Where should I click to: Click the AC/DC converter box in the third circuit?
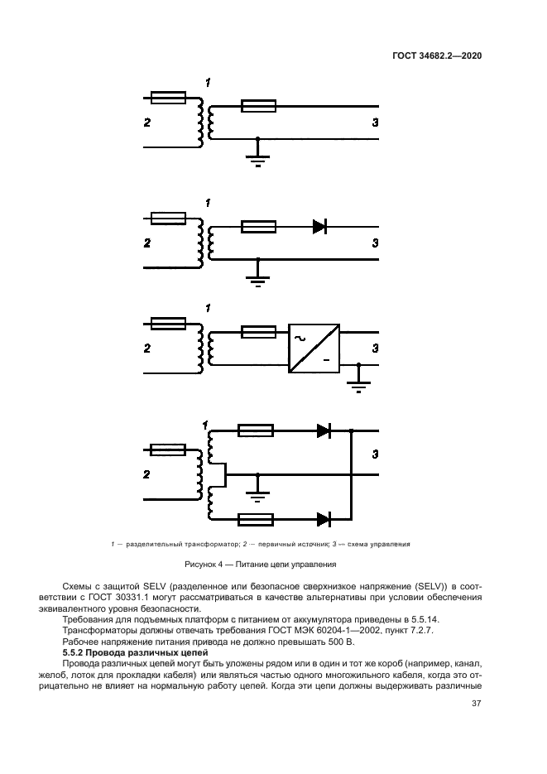(x=314, y=347)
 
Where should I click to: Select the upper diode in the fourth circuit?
(x=324, y=430)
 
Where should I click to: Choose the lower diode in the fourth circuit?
(x=324, y=519)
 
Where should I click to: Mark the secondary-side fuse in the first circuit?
(x=258, y=106)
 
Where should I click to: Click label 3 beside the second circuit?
(x=375, y=243)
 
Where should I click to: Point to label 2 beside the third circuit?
(x=146, y=349)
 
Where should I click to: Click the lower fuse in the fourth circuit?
(x=256, y=519)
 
